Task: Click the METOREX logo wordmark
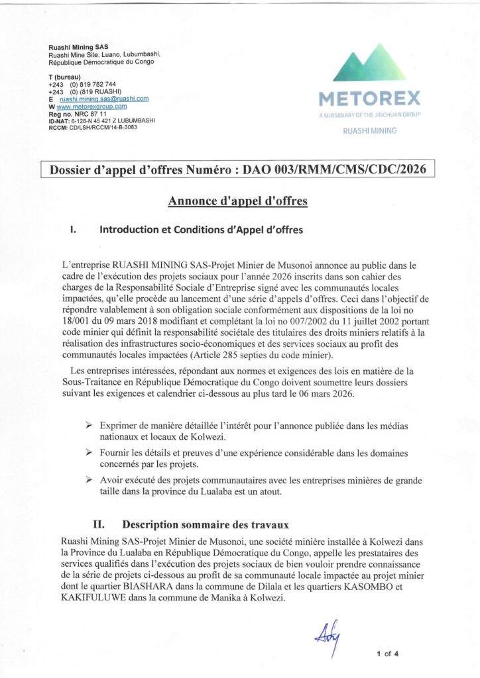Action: click(369, 99)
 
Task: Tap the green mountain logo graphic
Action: click(369, 64)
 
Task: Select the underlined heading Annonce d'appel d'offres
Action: click(237, 201)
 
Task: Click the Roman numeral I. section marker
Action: click(74, 230)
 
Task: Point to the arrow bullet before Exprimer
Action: click(89, 424)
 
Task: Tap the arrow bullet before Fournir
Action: click(89, 452)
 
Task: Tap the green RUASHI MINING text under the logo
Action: click(369, 131)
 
